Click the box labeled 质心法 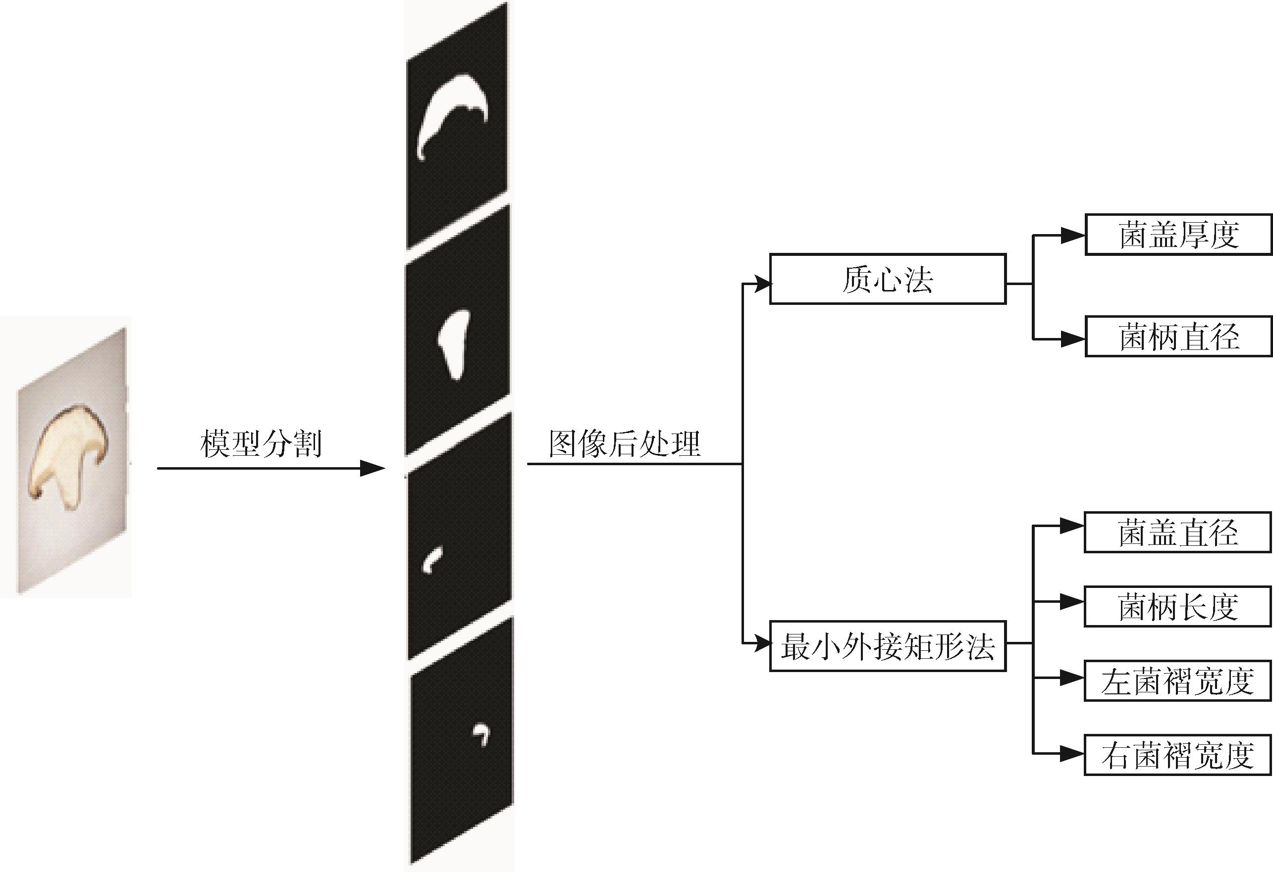(x=887, y=279)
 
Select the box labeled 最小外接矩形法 (x=887, y=646)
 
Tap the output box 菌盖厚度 (x=1178, y=235)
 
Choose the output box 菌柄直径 (x=1178, y=337)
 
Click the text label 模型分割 (x=261, y=444)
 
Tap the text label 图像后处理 (x=625, y=444)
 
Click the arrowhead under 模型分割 (x=372, y=469)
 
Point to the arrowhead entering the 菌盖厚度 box (x=1072, y=236)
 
